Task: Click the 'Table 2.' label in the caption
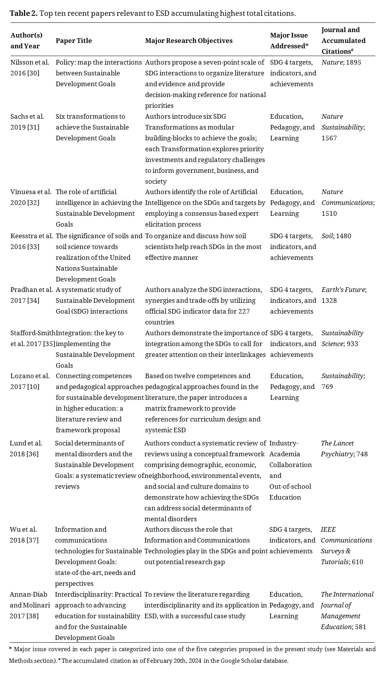[x=24, y=14]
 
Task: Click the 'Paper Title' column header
[x=74, y=41]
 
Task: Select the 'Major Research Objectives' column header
[x=188, y=41]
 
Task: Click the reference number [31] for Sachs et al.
[x=33, y=127]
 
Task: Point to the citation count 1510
[x=329, y=213]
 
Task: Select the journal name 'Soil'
[x=327, y=236]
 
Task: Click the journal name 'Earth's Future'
[x=343, y=290]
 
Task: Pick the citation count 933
[x=352, y=344]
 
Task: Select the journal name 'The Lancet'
[x=337, y=443]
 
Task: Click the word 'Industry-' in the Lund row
[x=284, y=443]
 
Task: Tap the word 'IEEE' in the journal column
[x=328, y=529]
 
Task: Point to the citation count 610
[x=357, y=562]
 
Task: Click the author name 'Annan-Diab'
[x=28, y=594]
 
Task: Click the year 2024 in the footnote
[x=195, y=660]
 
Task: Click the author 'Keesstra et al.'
[x=31, y=236]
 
